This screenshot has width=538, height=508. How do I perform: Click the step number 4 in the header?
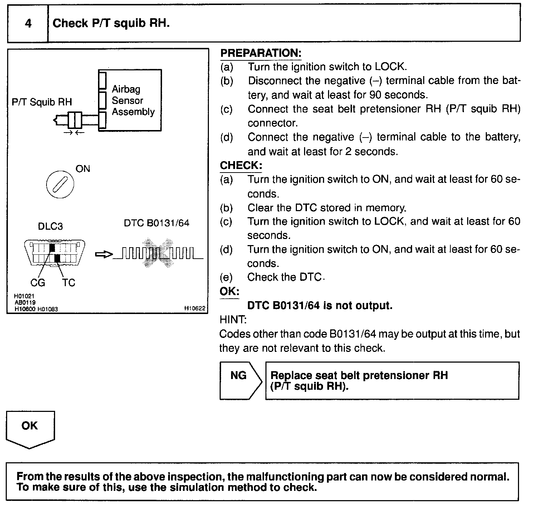(28, 24)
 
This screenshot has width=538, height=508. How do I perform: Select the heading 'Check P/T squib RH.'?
(111, 24)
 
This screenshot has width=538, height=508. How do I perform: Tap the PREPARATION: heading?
(261, 53)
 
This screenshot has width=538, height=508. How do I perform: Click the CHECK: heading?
(241, 165)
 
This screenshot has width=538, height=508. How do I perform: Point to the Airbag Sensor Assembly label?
(133, 100)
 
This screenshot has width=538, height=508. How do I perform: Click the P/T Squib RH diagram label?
(42, 102)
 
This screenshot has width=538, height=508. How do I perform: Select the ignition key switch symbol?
(60, 185)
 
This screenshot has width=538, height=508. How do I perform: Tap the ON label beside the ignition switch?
(83, 169)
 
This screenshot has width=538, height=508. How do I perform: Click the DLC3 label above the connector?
(50, 226)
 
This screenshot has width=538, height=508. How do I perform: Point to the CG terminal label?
(38, 283)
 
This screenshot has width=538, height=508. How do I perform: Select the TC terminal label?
(68, 283)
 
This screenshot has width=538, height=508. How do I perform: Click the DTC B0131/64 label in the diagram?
(156, 223)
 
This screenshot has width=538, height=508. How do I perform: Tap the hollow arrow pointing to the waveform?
(104, 254)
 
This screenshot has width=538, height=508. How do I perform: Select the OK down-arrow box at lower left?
(30, 429)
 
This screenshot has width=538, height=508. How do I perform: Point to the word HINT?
(233, 319)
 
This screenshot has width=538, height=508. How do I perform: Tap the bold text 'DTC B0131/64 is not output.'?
(320, 305)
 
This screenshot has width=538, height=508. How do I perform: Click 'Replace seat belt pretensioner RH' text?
(359, 375)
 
